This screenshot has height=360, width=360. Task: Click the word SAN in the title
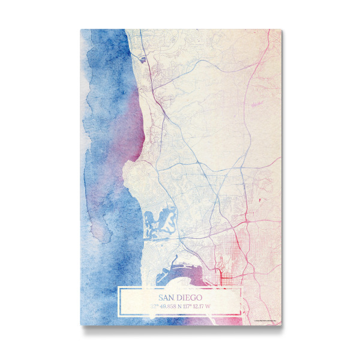[168, 297]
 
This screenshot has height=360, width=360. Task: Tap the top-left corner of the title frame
[118, 288]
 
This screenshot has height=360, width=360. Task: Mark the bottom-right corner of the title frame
[241, 314]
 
